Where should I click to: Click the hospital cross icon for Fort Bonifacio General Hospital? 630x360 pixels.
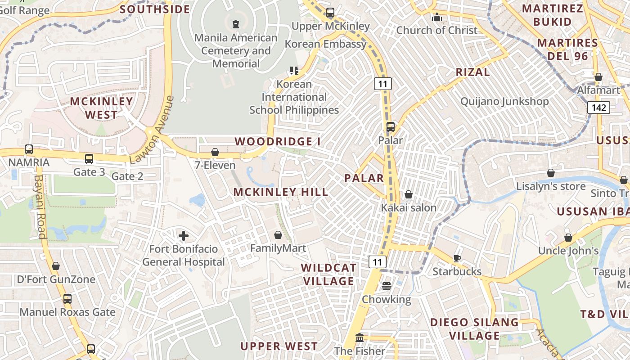click(x=184, y=235)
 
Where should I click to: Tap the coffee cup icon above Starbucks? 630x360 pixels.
click(x=457, y=258)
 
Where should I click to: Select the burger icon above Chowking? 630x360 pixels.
click(x=387, y=286)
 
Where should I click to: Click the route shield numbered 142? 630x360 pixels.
click(x=598, y=108)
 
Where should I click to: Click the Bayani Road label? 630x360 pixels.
click(x=40, y=207)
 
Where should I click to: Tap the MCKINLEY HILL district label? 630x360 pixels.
click(x=281, y=192)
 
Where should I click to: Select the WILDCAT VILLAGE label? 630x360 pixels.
click(x=328, y=274)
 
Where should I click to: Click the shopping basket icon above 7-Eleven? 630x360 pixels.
click(x=215, y=152)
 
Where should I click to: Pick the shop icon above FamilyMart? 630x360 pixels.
click(x=278, y=235)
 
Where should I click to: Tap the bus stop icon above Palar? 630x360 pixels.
click(x=390, y=127)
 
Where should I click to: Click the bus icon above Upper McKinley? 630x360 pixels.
click(x=330, y=13)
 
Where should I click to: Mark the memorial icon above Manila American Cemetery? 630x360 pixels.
click(x=235, y=24)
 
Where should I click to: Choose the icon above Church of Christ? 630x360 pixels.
click(x=436, y=18)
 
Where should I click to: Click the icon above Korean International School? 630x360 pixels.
click(x=294, y=71)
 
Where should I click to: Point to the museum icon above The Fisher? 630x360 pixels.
click(x=360, y=337)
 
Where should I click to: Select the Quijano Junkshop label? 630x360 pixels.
click(x=504, y=101)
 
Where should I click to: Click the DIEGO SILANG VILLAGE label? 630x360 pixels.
click(x=474, y=329)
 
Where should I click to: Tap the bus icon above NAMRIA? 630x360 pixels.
click(x=29, y=149)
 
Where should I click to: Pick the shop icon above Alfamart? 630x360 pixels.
click(x=598, y=77)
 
